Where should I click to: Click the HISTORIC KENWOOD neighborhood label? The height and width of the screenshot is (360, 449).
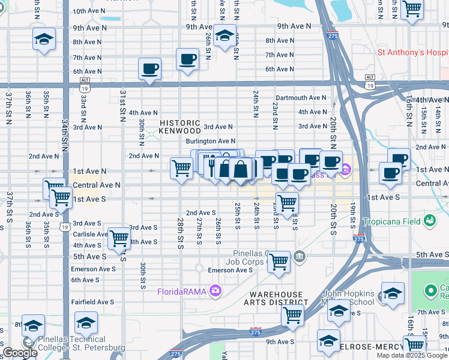pos(180,127)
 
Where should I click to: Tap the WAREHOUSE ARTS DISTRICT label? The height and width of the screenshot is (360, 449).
pos(276,298)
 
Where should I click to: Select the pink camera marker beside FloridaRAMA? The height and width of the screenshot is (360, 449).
pos(215,292)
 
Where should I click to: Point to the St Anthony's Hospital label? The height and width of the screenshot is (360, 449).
pos(413,53)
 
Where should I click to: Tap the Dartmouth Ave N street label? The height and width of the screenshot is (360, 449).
pos(301,98)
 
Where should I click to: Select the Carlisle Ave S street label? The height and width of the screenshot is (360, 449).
pos(91,235)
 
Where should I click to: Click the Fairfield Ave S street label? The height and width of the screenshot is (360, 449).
pos(92,302)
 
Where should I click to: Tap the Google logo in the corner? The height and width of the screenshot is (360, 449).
pos(20,353)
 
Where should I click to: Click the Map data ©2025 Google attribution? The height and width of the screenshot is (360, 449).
pos(412,355)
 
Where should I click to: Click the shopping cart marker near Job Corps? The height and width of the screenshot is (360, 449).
pos(279,262)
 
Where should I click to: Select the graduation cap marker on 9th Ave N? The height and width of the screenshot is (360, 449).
pos(224,35)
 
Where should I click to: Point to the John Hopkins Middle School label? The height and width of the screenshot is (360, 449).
pos(349,298)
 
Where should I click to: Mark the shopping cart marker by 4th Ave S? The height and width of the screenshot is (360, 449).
pos(119,238)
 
